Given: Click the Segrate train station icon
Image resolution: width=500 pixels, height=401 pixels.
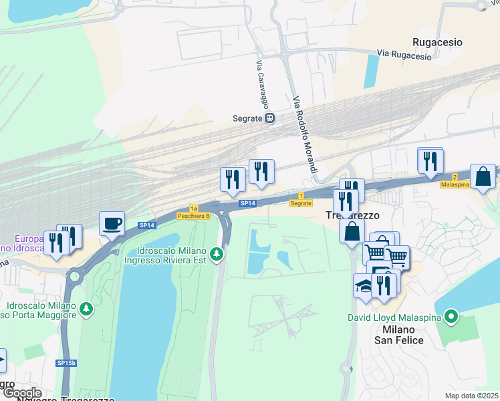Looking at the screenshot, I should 269,118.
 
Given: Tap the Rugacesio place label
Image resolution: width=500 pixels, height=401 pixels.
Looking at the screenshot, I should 437,41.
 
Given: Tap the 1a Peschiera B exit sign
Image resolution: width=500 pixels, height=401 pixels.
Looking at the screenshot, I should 194,213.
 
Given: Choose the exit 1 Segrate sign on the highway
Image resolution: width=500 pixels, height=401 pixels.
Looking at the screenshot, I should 301,198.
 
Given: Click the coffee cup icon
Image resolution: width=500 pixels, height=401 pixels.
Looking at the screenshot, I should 112,223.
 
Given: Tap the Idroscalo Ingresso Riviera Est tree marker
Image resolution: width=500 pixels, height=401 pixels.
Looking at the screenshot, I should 216,254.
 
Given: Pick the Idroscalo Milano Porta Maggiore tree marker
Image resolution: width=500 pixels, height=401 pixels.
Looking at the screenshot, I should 86,309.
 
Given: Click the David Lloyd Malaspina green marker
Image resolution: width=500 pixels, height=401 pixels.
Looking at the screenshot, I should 451,315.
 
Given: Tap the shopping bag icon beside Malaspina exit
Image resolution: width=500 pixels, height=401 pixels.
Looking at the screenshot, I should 483,176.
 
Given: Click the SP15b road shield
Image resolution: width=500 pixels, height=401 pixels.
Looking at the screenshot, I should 66,363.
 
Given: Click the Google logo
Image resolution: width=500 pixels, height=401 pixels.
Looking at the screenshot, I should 22,393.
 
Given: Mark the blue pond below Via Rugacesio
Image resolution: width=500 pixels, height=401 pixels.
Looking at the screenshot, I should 370,71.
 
